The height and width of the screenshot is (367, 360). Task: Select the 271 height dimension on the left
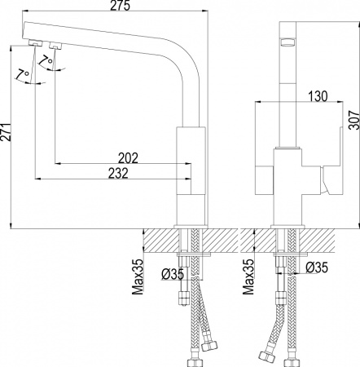(x=7, y=132)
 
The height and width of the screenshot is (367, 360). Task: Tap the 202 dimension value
(x=129, y=157)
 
